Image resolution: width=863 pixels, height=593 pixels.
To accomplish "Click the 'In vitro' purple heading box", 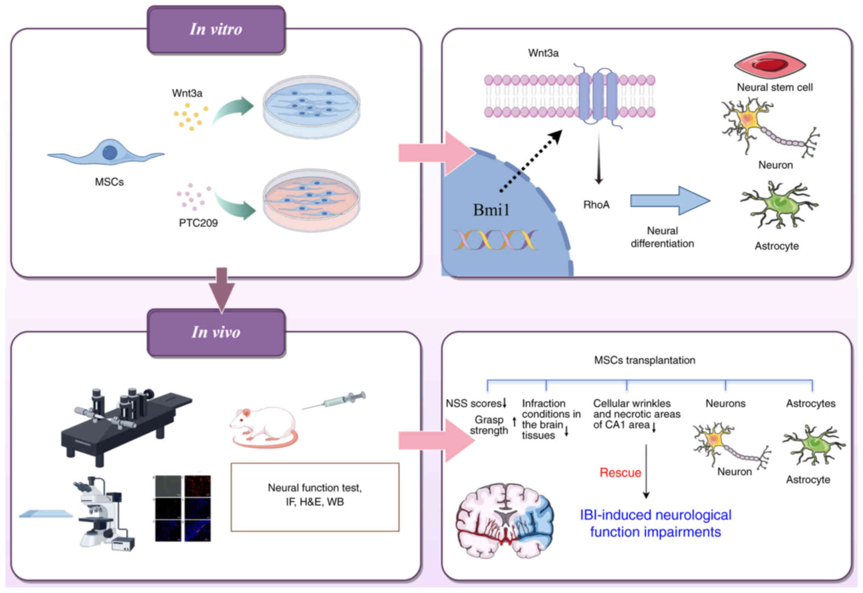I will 216,30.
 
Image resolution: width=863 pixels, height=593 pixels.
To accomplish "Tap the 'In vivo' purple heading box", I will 216,333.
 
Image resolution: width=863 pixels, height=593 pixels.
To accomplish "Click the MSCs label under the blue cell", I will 109,182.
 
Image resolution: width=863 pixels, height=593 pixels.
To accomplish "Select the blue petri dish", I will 311,107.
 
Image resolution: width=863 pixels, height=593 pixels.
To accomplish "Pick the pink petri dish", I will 311,200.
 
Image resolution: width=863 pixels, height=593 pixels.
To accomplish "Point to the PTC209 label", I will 198,223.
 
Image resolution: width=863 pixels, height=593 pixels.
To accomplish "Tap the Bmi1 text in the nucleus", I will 491,210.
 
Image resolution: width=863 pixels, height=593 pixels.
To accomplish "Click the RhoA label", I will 596,205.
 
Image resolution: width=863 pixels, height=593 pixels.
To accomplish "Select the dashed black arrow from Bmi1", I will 531,161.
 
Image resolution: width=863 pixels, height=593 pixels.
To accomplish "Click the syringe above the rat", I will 336,401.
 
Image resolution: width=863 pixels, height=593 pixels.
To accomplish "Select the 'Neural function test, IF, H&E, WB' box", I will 315,497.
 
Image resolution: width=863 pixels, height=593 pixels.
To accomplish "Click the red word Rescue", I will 620,473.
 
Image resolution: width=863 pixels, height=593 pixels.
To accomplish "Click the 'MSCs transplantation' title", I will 644,361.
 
